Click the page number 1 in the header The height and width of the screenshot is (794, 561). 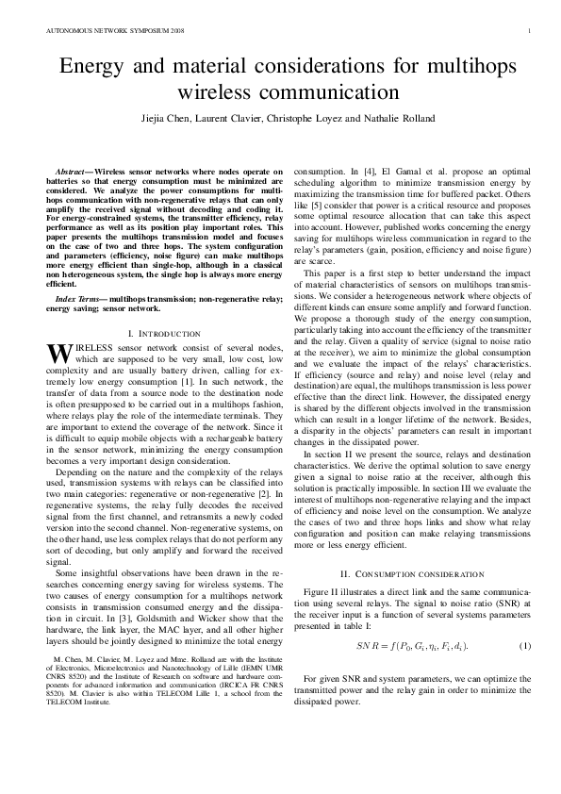coord(531,30)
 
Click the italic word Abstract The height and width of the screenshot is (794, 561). coord(74,166)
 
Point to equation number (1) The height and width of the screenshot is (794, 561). coord(524,646)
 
